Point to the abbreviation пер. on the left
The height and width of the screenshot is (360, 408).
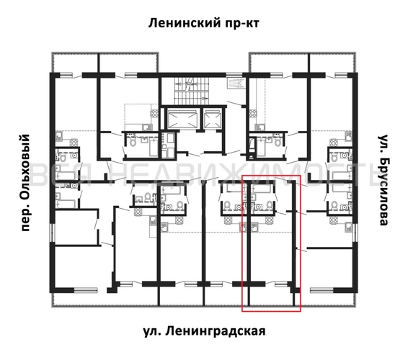(27, 216)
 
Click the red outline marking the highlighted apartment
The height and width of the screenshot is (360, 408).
(242, 245)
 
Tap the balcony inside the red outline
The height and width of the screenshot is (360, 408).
(270, 297)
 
